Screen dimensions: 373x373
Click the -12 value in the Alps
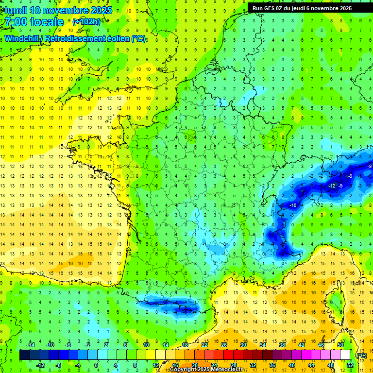click(x=332, y=186)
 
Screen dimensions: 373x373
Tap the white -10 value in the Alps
click(x=293, y=205)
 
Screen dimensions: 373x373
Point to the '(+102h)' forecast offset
click(x=86, y=22)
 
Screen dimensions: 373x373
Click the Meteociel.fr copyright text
click(x=206, y=370)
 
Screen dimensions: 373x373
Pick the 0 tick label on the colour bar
click(x=96, y=365)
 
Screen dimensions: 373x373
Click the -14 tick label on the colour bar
click(x=30, y=345)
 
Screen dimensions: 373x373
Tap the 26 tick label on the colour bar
click(x=224, y=345)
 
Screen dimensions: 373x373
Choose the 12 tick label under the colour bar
click(x=156, y=365)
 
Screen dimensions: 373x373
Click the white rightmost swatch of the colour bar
click(x=345, y=355)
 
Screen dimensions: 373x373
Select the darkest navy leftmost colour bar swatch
click(x=24, y=355)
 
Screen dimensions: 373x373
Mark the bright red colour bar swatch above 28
click(x=234, y=355)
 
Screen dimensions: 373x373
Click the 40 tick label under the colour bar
click(x=292, y=365)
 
